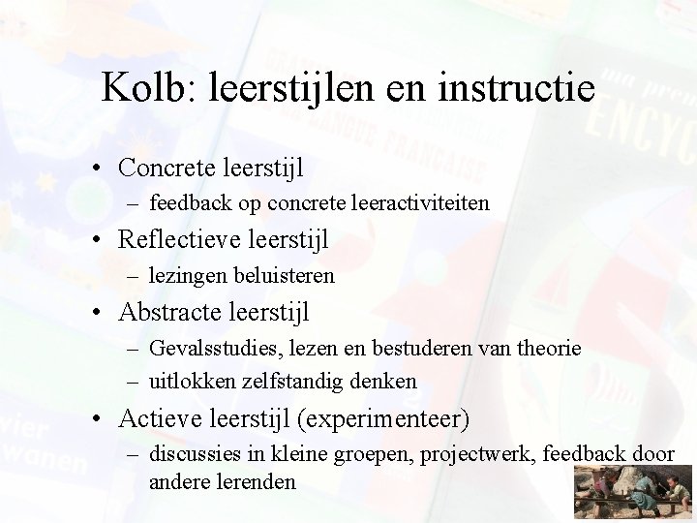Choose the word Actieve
155,418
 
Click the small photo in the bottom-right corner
634,492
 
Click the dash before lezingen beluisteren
137,276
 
